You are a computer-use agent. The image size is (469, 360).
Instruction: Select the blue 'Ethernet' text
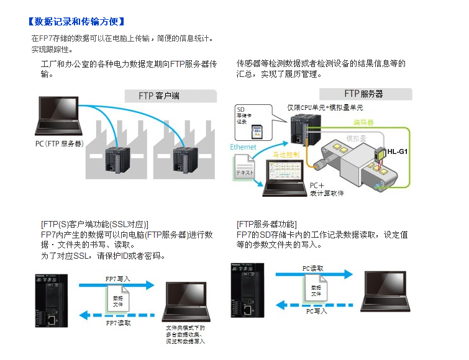242,147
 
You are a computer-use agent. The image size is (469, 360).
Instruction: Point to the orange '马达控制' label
286,154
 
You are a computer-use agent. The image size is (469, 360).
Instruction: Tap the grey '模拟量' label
356,137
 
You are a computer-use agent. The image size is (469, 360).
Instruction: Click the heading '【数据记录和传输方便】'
72,23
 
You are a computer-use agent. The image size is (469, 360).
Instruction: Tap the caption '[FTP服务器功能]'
267,224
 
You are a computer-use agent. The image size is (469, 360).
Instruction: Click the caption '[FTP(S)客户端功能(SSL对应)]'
94,224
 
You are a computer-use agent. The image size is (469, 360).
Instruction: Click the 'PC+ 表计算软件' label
327,189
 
